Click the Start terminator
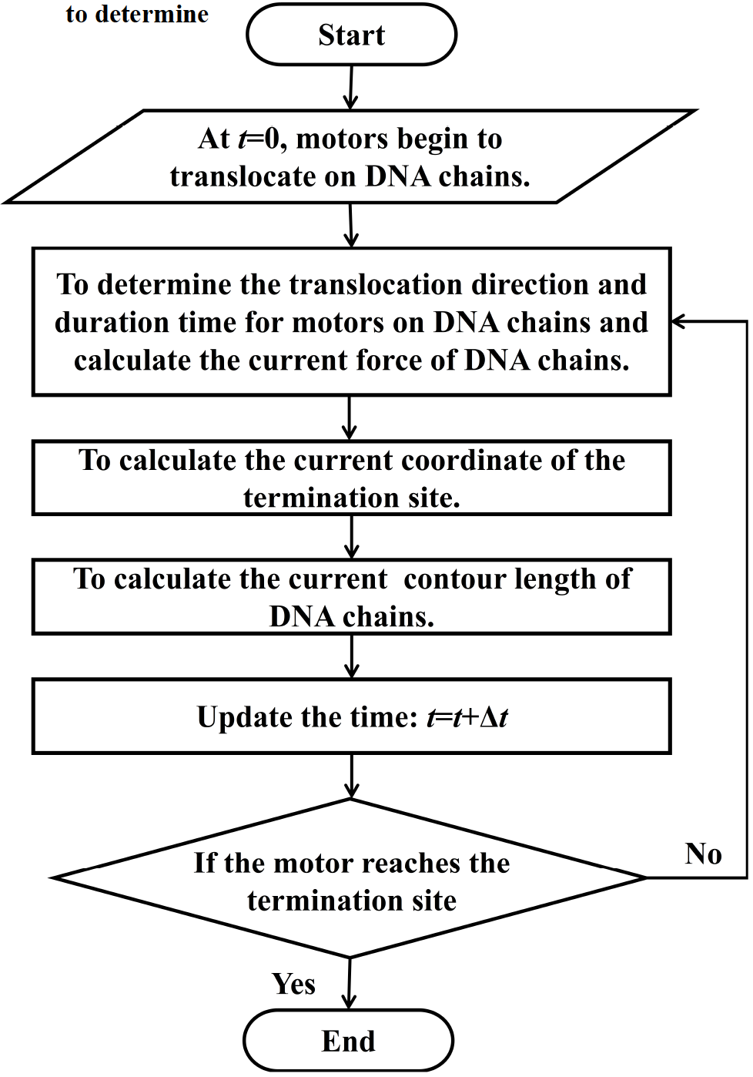pos(351,35)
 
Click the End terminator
pos(348,1041)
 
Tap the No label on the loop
pos(703,854)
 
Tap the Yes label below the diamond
pos(293,984)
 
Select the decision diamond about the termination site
pos(350,879)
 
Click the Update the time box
pos(351,716)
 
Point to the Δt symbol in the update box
pos(494,717)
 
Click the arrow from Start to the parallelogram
pos(351,87)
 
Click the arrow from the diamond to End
pos(350,984)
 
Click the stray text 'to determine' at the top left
pos(137,14)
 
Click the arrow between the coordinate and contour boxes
pos(351,537)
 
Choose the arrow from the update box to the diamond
pos(351,776)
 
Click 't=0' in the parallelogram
pos(260,139)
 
